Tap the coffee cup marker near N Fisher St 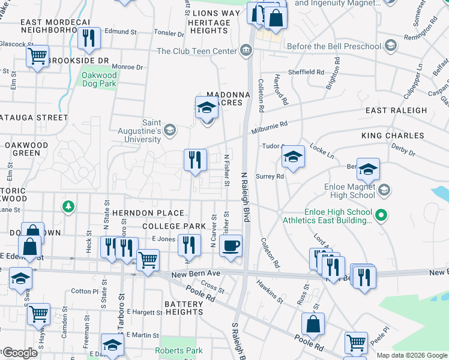[231, 246]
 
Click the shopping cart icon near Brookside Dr [37, 56]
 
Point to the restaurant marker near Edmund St [89, 38]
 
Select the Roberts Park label [178, 350]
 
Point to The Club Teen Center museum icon [246, 51]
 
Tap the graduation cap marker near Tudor [293, 158]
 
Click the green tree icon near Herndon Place [69, 207]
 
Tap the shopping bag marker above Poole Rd [313, 325]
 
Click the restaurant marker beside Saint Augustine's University [195, 160]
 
